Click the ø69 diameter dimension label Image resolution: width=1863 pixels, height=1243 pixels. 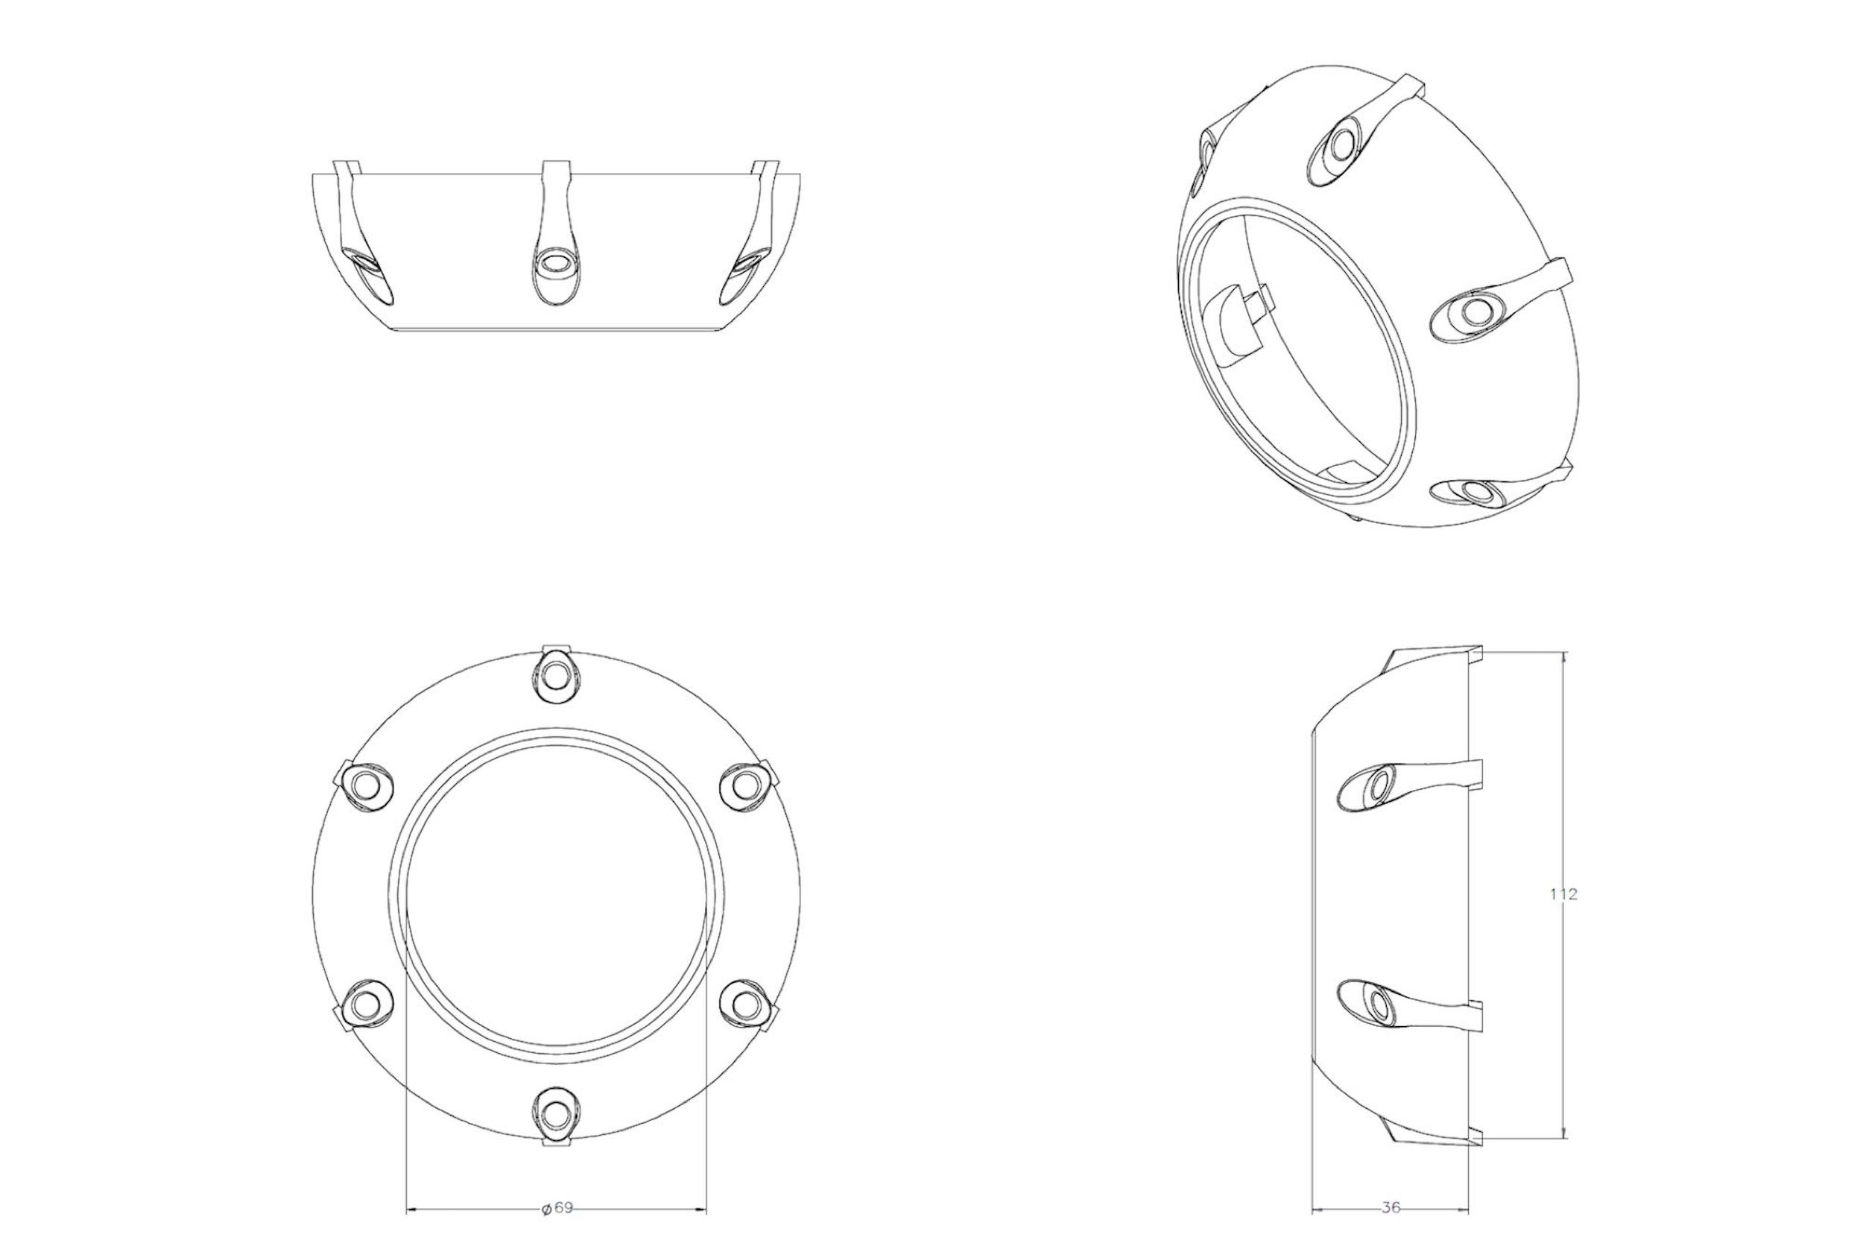[557, 1208]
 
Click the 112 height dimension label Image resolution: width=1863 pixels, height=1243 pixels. [1563, 894]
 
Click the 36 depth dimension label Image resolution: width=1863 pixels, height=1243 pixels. [1391, 1208]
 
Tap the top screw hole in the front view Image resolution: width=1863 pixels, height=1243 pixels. [556, 675]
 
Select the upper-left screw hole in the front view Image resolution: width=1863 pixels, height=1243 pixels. [365, 785]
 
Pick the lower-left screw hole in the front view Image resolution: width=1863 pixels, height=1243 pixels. [365, 1005]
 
